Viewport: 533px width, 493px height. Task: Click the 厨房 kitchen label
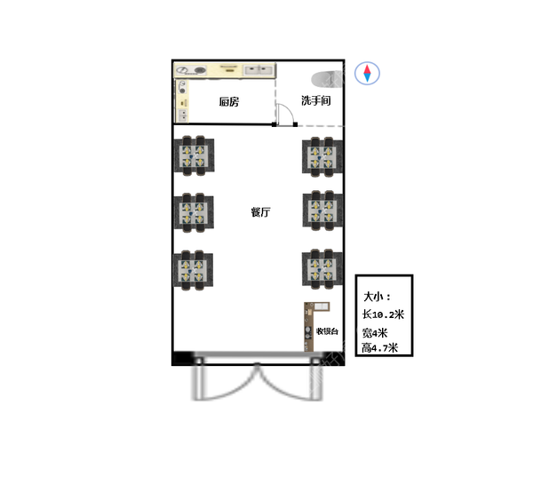click(229, 101)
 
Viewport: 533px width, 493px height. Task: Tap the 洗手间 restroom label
click(315, 100)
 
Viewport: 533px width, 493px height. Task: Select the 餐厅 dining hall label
click(260, 212)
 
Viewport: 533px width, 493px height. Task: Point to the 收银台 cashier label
click(327, 331)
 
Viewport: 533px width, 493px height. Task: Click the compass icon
click(367, 73)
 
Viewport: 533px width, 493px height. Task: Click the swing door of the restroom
click(285, 115)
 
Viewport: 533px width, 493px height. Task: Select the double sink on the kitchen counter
click(259, 70)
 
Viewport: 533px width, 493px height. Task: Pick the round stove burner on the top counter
click(200, 71)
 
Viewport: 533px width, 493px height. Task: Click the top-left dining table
click(194, 156)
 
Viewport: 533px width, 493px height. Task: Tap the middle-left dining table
click(194, 212)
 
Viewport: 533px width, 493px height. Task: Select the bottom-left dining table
click(193, 270)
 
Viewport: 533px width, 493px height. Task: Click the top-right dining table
click(322, 156)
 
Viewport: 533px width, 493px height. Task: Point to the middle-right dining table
click(322, 211)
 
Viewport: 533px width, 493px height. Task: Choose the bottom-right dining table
click(322, 269)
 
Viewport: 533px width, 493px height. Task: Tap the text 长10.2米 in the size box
click(383, 314)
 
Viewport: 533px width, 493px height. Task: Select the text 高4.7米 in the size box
click(379, 348)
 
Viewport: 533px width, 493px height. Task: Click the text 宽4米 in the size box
click(375, 332)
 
